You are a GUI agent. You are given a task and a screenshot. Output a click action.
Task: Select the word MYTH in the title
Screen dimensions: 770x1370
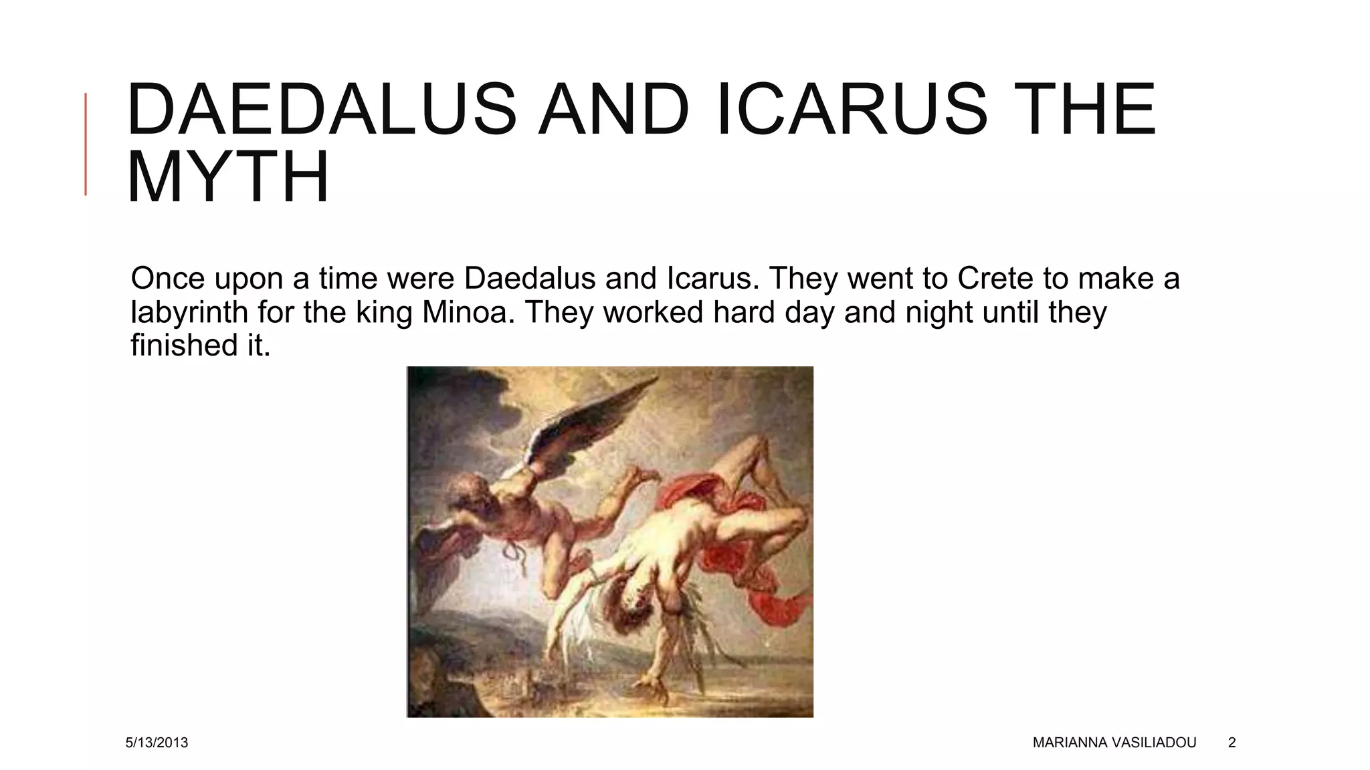click(x=228, y=177)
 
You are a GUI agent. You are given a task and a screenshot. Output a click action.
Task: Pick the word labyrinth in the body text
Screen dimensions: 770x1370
click(x=189, y=312)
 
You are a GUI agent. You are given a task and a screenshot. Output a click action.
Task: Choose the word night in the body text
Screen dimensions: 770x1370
click(x=939, y=312)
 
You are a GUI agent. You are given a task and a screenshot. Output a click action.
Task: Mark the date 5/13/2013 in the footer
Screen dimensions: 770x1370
click(x=157, y=743)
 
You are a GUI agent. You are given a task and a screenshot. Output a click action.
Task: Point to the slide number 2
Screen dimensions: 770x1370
click(x=1232, y=743)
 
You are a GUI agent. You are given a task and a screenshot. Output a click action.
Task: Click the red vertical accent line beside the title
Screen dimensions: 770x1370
click(x=86, y=144)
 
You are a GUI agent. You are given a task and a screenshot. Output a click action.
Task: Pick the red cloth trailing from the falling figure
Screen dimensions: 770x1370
click(x=776, y=588)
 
